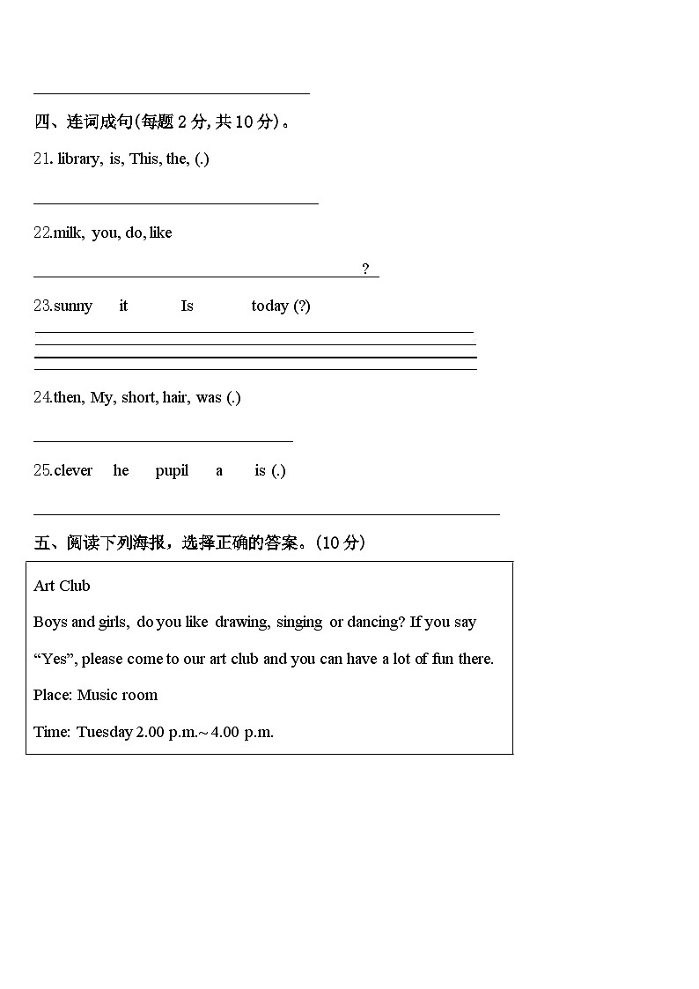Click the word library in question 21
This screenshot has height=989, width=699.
point(79,159)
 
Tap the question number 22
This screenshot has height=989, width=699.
point(42,233)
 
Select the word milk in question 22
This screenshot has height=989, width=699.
point(68,233)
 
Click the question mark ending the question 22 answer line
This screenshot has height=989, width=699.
point(365,269)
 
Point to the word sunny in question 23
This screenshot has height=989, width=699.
point(73,306)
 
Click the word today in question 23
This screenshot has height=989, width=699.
point(269,306)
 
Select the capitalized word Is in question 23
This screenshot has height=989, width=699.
point(187,306)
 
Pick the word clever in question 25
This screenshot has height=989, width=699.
point(73,471)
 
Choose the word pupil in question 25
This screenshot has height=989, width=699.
point(172,471)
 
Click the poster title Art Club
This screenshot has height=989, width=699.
point(62,587)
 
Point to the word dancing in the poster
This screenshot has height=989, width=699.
point(375,623)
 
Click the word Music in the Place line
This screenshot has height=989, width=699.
point(97,696)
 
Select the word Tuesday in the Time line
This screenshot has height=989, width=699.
point(104,733)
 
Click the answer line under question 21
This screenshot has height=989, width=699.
point(176,203)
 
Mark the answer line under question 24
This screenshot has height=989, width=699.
point(163,441)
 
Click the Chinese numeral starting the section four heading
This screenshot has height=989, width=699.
point(41,122)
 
